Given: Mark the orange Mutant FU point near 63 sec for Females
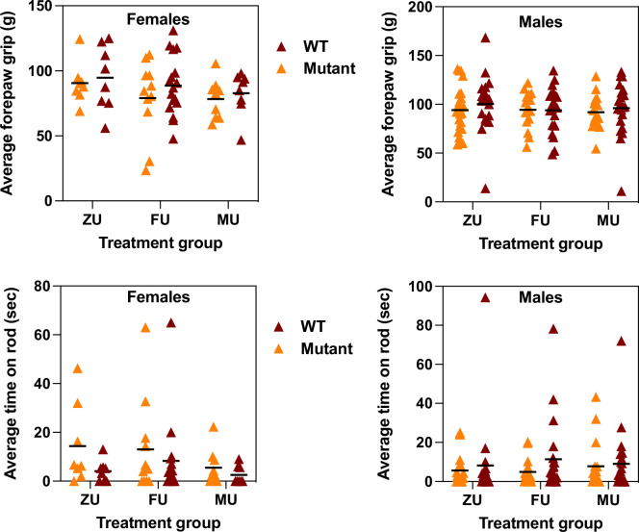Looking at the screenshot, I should [146, 328].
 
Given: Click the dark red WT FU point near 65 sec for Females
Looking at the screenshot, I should [172, 323].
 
